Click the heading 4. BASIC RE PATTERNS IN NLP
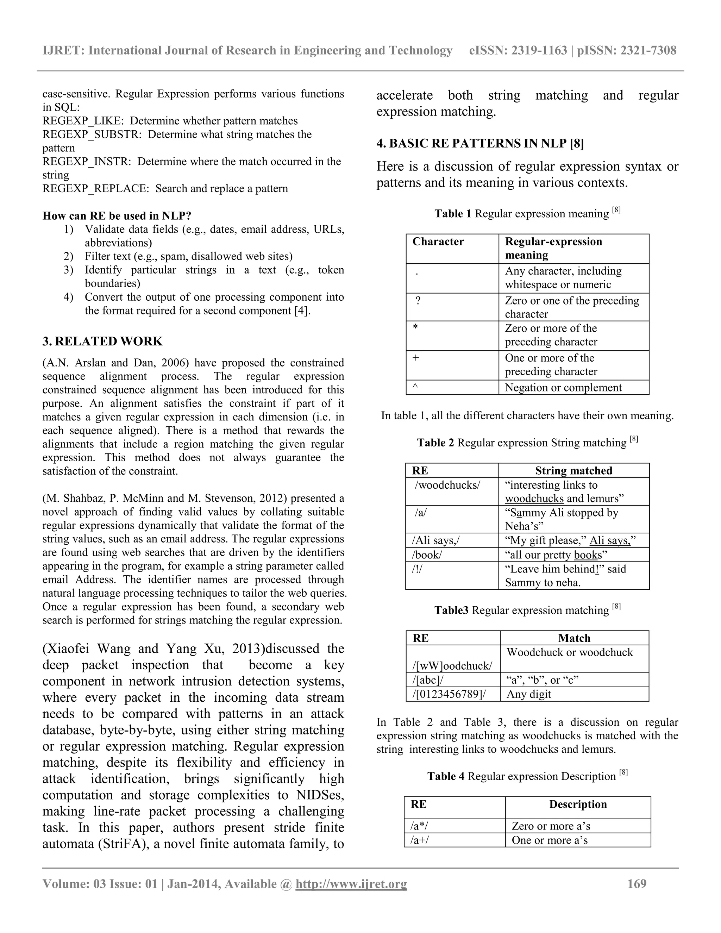coord(480,144)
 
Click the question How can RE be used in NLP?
coord(117,216)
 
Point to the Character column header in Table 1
coord(438,242)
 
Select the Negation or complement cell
coord(563,388)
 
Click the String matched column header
coord(573,471)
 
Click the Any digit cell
coord(529,694)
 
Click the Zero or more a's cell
coord(551,826)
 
